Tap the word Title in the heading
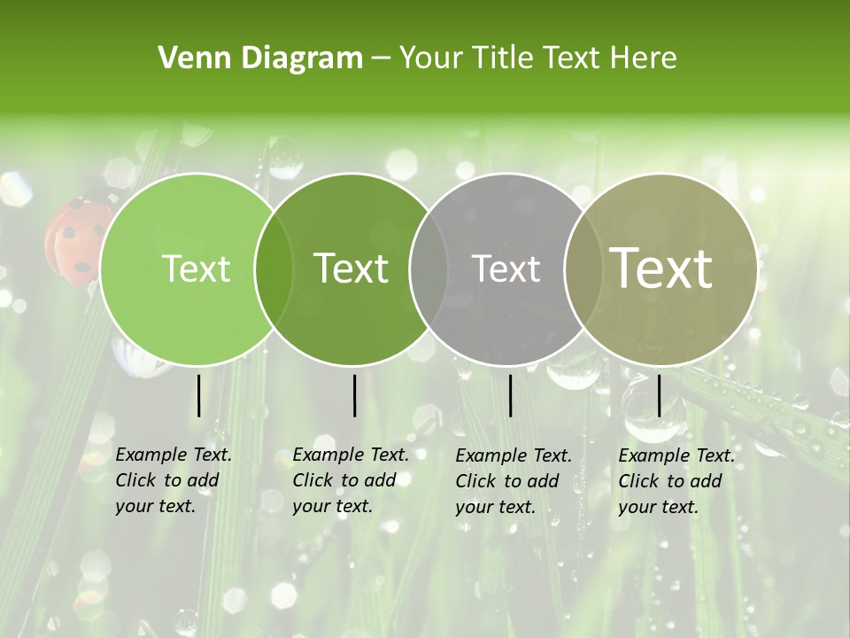click(501, 58)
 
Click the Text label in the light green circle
click(196, 268)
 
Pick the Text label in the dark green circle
click(352, 268)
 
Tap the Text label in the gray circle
click(506, 268)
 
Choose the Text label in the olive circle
click(661, 268)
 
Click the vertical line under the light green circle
click(199, 395)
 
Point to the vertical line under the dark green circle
click(354, 395)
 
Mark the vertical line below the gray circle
click(511, 395)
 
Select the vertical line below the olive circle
click(659, 395)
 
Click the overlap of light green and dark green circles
click(274, 269)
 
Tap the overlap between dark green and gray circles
click(429, 269)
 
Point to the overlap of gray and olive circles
click(582, 269)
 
